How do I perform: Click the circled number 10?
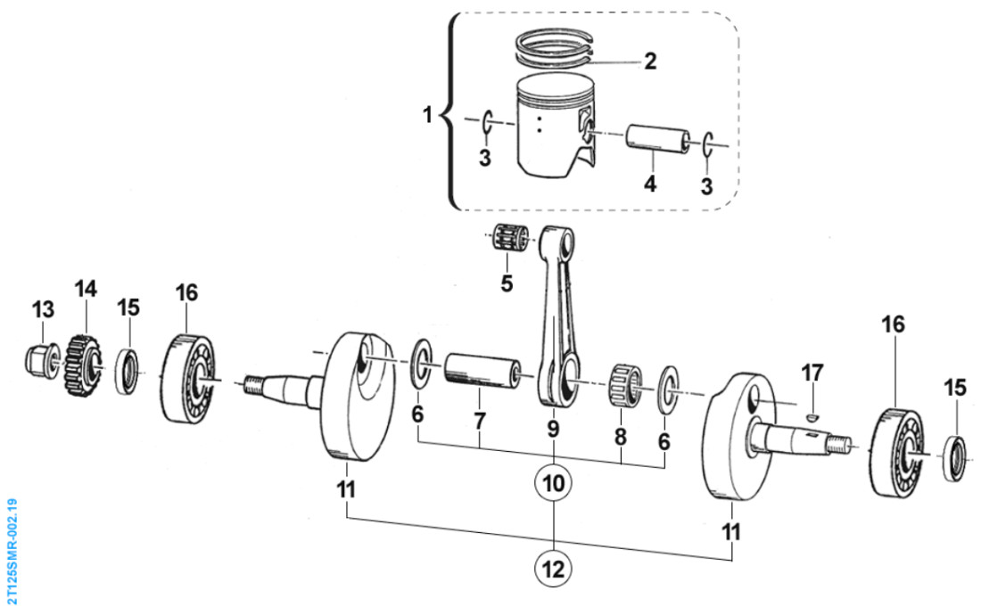[x=553, y=484]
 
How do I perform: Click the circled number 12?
[x=553, y=567]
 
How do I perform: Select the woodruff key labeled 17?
[x=812, y=413]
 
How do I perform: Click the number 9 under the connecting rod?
[x=553, y=430]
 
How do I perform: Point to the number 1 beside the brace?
[x=428, y=116]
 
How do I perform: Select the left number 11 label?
[x=346, y=488]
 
